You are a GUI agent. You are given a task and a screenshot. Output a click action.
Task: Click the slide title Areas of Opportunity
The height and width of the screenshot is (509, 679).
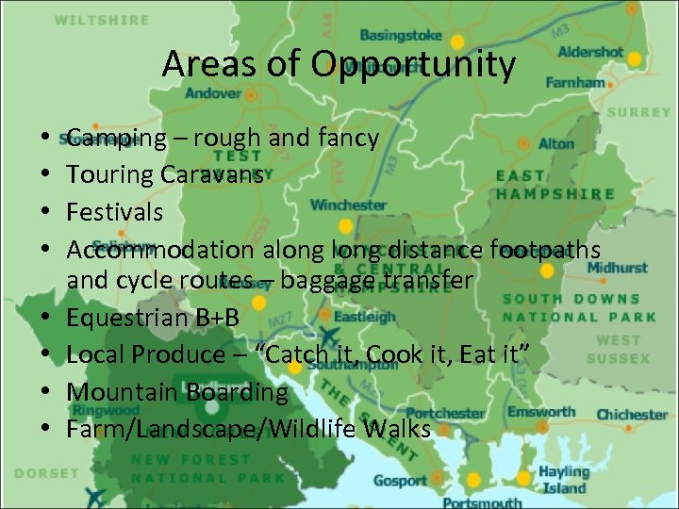(x=339, y=65)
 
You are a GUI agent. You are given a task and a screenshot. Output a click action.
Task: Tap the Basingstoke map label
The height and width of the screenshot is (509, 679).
(x=401, y=36)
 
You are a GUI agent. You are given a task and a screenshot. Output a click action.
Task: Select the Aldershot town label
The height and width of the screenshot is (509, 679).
(x=590, y=53)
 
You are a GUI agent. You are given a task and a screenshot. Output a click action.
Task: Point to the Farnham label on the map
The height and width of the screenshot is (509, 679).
(x=575, y=83)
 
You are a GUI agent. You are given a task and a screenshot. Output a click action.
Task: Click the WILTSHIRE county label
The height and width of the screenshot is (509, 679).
(x=102, y=20)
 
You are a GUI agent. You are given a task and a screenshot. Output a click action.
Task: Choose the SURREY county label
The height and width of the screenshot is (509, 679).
(x=638, y=112)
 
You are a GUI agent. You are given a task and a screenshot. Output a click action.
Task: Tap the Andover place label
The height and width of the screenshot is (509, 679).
(x=212, y=93)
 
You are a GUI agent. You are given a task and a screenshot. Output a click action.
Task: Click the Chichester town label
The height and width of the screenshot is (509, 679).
(x=632, y=414)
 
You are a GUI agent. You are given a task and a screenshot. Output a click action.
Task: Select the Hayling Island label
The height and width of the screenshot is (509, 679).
(x=563, y=479)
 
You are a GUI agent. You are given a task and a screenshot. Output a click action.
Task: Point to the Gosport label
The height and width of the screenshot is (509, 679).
(x=400, y=481)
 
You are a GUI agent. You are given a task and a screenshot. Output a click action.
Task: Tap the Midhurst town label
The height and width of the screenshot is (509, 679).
(x=617, y=268)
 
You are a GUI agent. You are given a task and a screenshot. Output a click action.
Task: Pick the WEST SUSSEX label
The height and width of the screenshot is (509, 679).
(x=618, y=349)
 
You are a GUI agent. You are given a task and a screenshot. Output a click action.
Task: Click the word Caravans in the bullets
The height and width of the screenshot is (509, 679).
(x=212, y=175)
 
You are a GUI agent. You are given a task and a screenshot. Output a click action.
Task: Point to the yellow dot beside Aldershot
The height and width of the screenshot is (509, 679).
(x=635, y=58)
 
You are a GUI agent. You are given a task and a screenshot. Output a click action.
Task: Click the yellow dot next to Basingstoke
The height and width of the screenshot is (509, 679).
(x=457, y=42)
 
